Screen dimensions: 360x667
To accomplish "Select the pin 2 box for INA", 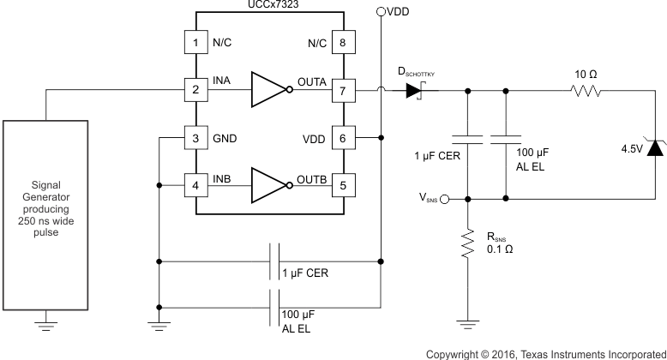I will pos(195,88).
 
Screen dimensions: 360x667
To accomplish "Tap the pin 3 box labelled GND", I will pos(195,137).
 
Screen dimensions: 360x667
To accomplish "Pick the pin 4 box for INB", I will pos(195,184).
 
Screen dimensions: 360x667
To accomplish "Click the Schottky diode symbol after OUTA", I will pos(416,88).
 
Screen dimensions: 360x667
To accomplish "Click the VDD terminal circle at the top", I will pos(381,12).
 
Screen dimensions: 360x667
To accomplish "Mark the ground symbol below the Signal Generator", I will pos(47,326).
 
